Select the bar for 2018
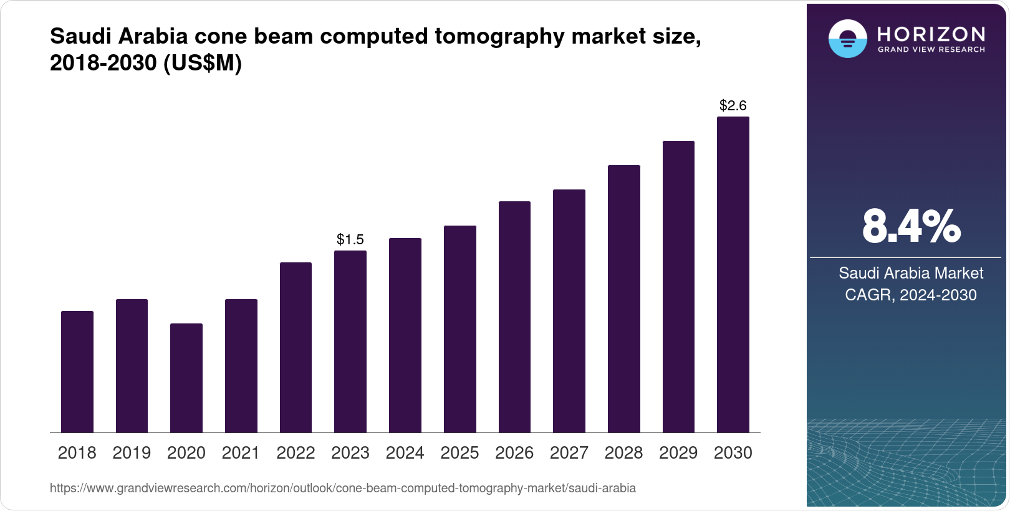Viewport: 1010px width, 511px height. pos(77,371)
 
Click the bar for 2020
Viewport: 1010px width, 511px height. pos(186,378)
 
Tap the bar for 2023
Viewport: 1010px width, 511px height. pos(350,341)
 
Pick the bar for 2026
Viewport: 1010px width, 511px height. pos(514,317)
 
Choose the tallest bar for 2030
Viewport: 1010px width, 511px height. pos(733,274)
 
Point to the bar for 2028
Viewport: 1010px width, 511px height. pos(624,298)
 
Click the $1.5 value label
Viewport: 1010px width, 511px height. pos(350,239)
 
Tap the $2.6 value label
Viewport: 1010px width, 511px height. pos(733,105)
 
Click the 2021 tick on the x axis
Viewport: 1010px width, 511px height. pos(241,452)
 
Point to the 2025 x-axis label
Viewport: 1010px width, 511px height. pos(459,452)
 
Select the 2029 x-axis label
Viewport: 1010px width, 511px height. pos(678,452)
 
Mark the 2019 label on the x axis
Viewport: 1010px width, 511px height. pos(132,452)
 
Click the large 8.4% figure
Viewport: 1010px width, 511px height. pos(911,227)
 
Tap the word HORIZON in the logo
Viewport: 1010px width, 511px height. pos(931,34)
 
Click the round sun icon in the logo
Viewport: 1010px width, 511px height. pos(847,39)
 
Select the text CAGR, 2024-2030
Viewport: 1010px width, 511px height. pos(911,295)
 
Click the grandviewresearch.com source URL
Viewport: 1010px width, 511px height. pos(343,488)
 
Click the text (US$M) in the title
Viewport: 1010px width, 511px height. pos(202,63)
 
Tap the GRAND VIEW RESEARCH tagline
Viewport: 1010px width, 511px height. pos(931,50)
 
